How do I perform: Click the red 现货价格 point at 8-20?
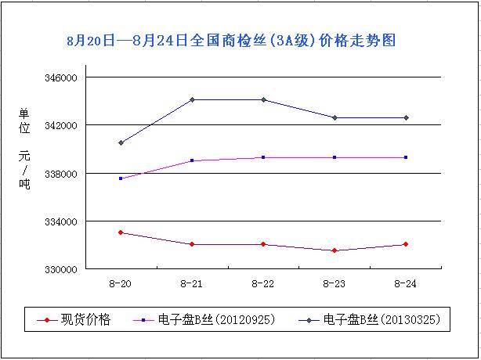[x=121, y=232]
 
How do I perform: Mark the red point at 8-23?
[x=335, y=250]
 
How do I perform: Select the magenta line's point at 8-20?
[x=121, y=178]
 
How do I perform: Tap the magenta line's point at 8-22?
[x=263, y=157]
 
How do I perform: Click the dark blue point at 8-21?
[x=192, y=99]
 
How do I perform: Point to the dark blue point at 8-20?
[x=121, y=142]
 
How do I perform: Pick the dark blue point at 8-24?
[x=406, y=117]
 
